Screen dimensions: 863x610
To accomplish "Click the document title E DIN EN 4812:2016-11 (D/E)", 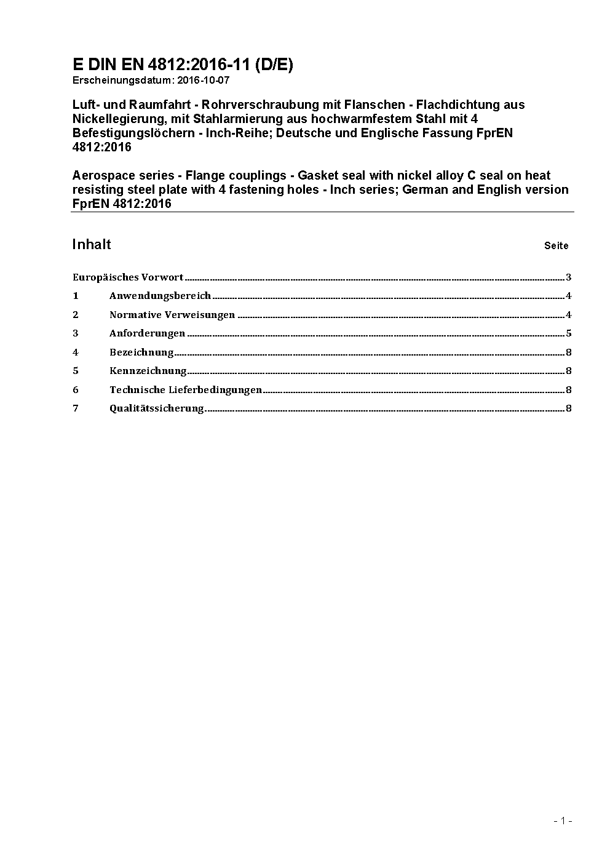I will point(183,65).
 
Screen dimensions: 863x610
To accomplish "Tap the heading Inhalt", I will point(92,244).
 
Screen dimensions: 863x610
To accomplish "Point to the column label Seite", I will point(556,245).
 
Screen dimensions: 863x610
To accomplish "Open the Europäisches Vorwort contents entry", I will point(128,277).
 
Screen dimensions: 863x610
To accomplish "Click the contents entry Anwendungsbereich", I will point(160,296).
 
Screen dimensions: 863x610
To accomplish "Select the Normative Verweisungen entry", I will point(172,315).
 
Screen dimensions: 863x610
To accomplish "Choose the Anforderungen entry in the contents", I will point(147,333).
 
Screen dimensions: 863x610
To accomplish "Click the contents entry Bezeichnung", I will point(141,352).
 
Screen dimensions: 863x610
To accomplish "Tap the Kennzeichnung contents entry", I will point(148,371).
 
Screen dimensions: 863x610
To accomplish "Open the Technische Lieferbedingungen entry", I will point(186,390).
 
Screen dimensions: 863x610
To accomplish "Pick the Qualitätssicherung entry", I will point(156,408).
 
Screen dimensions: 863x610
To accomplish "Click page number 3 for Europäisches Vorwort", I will point(569,277).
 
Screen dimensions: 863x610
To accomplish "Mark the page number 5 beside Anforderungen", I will point(569,333).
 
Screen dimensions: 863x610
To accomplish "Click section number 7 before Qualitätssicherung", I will point(76,408).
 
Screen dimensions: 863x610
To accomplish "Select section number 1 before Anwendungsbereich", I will point(76,296).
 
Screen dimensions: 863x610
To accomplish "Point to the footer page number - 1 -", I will point(563,821).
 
